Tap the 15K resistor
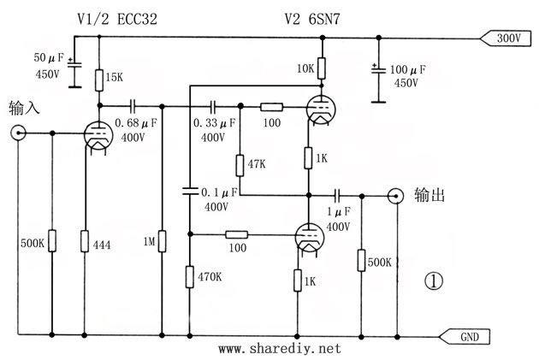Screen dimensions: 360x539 pos(99,81)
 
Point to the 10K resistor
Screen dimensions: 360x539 pos(319,68)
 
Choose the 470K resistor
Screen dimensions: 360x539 pos(190,275)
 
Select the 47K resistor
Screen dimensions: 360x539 pos(240,163)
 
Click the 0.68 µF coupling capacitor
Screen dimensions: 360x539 pos(133,106)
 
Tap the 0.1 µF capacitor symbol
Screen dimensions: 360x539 pos(190,189)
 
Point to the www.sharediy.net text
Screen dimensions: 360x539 pos(280,349)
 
